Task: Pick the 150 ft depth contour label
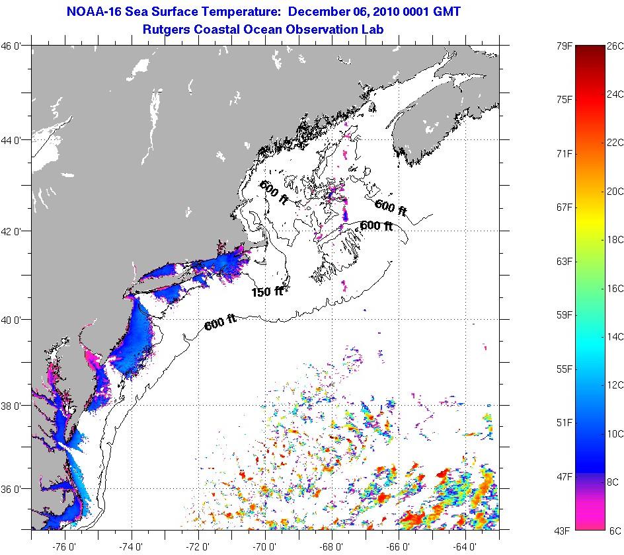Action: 267,291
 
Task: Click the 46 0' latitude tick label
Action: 14,46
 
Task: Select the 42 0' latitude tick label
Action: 14,231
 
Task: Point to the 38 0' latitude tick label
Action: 14,406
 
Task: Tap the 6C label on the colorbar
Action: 615,531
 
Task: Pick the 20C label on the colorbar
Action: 615,192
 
